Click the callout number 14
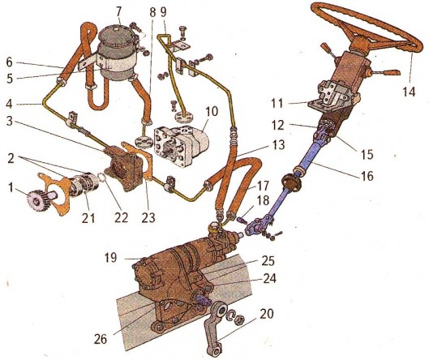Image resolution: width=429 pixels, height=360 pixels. click(x=409, y=91)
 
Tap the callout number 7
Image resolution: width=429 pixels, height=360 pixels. click(x=119, y=12)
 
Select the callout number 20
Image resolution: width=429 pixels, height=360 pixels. click(x=267, y=314)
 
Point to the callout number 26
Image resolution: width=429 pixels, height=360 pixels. click(x=100, y=340)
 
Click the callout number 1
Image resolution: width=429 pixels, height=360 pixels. click(x=11, y=187)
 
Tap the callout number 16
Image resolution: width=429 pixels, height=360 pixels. click(x=367, y=176)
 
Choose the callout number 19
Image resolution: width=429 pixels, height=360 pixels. click(x=110, y=257)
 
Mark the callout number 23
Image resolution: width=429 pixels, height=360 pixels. click(x=148, y=218)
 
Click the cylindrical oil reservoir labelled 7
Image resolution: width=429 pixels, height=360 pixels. click(x=116, y=54)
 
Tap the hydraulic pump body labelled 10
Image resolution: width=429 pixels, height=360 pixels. click(x=182, y=147)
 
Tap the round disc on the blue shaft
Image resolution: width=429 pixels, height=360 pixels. click(x=292, y=182)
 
